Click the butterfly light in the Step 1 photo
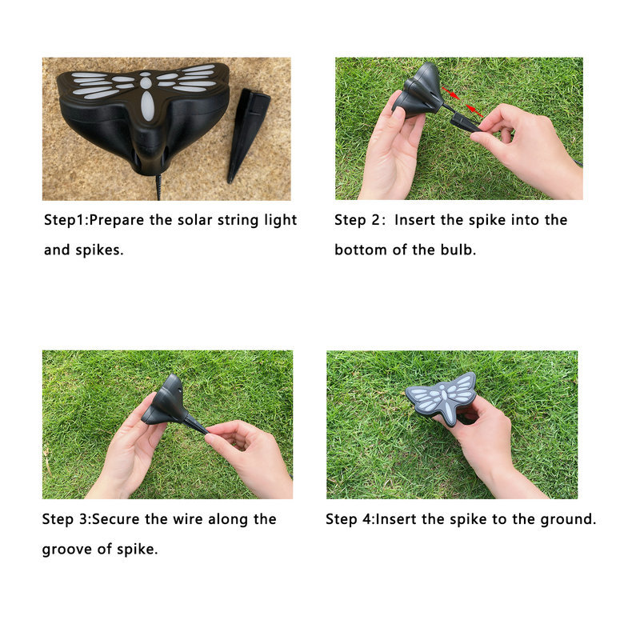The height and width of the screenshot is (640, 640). (x=143, y=116)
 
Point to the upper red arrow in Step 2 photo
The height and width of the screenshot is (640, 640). (x=451, y=94)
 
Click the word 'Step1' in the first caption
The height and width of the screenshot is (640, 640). (x=66, y=220)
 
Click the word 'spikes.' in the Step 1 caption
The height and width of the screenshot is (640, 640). (x=99, y=250)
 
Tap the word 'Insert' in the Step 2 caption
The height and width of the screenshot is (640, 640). (x=414, y=220)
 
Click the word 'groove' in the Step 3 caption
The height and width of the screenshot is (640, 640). (x=66, y=550)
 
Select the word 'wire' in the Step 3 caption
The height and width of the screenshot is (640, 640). (x=188, y=519)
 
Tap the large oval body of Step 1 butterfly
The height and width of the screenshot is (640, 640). (x=147, y=106)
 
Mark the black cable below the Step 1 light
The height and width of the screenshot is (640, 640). (x=158, y=188)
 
